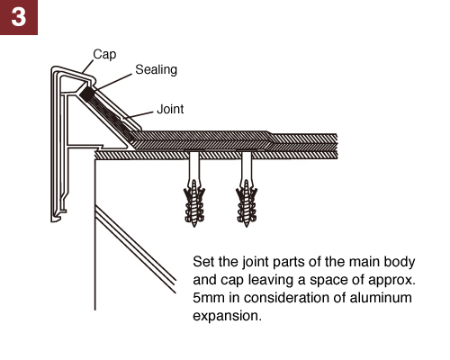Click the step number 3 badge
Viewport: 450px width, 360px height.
(x=19, y=17)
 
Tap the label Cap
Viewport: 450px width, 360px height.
(x=104, y=55)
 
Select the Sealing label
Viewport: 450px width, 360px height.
(x=156, y=70)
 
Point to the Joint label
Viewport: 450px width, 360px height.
(x=170, y=109)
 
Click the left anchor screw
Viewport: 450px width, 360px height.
(x=194, y=189)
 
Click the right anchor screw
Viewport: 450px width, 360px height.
(x=247, y=189)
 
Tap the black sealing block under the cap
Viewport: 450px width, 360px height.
(x=87, y=94)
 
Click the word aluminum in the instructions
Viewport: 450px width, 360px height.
(x=381, y=298)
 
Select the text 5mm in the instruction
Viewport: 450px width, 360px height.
(x=209, y=298)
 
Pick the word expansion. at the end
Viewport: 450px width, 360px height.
(x=227, y=316)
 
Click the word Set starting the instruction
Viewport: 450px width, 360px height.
(x=203, y=262)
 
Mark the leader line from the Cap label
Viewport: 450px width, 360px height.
(x=88, y=66)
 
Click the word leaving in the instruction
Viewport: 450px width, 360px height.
(x=271, y=281)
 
